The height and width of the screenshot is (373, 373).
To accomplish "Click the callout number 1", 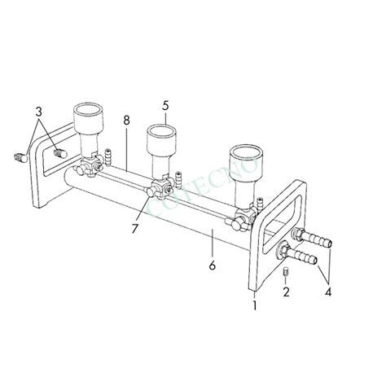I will (255, 306).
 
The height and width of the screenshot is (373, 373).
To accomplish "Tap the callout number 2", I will (287, 291).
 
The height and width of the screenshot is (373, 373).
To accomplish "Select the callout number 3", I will (38, 111).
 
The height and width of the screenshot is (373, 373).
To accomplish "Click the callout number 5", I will (165, 105).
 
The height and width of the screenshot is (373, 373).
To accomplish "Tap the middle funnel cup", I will (165, 142).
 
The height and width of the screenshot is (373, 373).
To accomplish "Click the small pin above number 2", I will (286, 271).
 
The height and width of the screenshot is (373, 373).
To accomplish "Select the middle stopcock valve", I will (159, 191).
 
